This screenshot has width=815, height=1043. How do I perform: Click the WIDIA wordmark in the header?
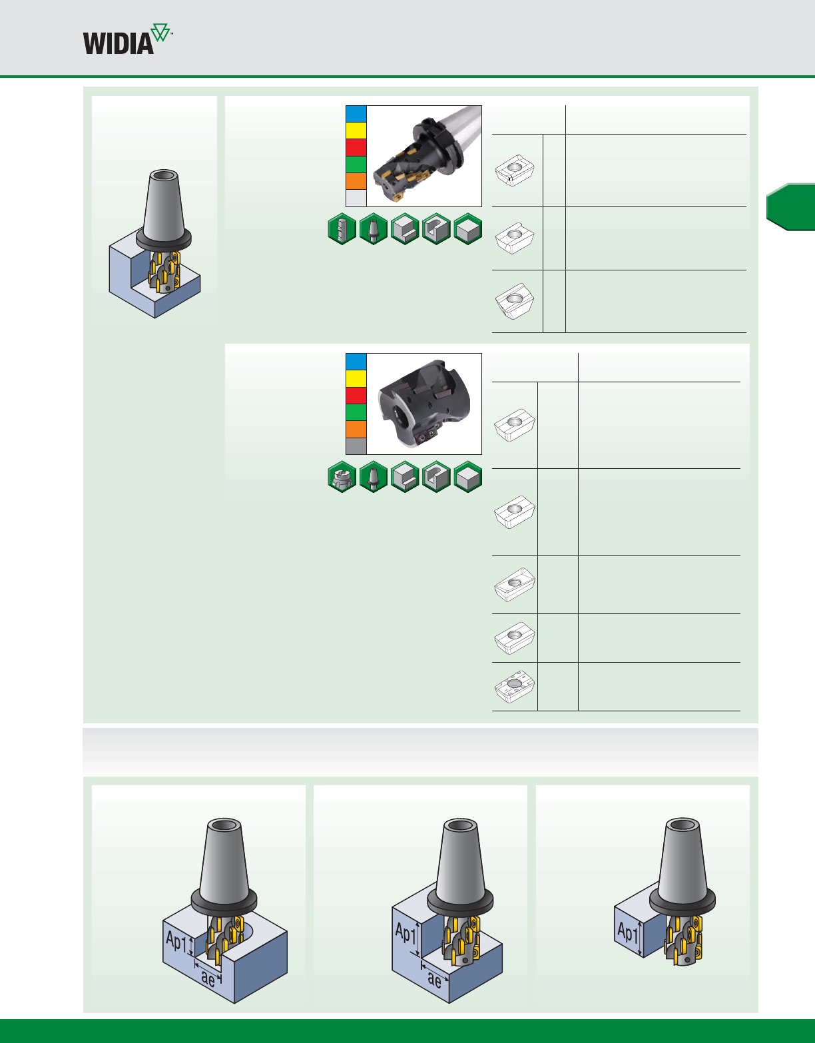[x=119, y=43]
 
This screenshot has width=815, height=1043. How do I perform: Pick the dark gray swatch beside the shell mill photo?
[x=356, y=446]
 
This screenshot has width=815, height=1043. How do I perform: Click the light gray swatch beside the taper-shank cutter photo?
[x=356, y=198]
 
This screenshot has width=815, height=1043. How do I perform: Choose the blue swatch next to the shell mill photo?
[x=356, y=362]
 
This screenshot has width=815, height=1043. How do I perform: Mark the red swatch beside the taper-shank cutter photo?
[x=356, y=147]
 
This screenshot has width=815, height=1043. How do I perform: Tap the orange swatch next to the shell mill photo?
[x=356, y=429]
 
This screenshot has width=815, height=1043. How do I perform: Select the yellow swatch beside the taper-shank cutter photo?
[x=356, y=131]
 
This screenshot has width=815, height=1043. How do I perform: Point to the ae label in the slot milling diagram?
[x=208, y=978]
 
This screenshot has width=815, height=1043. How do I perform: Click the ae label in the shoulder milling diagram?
[x=434, y=979]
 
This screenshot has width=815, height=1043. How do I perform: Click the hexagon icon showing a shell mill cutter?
[x=342, y=477]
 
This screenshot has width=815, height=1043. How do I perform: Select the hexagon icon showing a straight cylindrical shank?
[x=342, y=229]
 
